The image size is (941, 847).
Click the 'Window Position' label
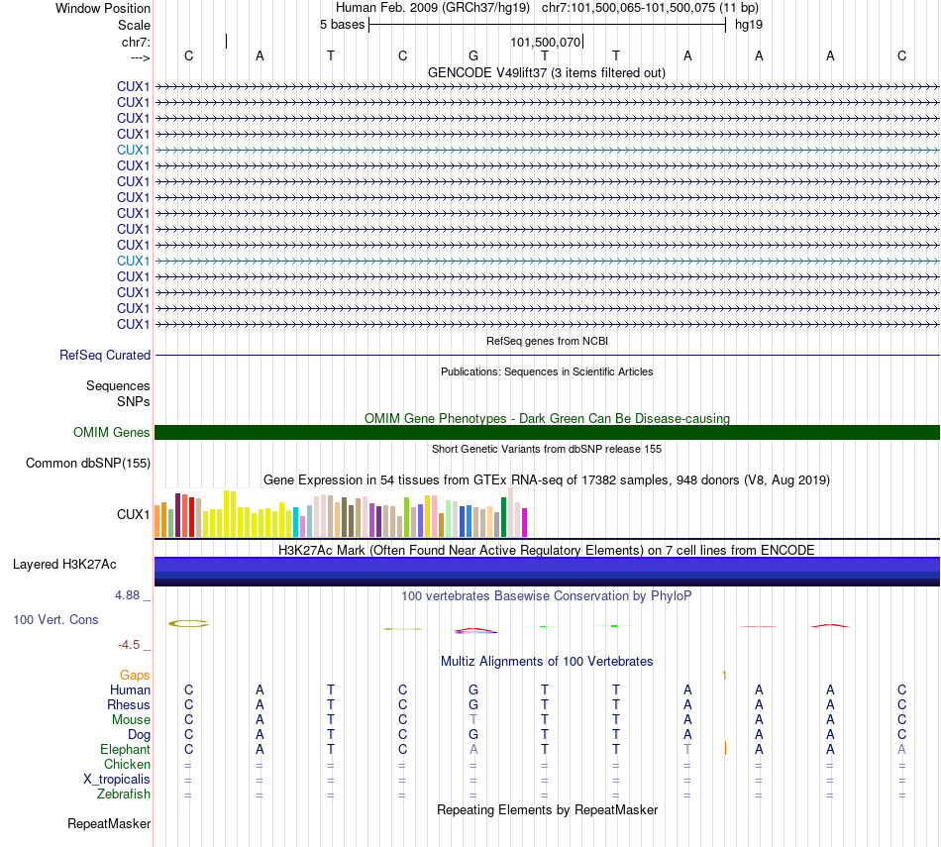[x=103, y=8]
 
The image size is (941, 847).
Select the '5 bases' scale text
[x=342, y=24]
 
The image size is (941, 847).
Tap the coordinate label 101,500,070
[x=545, y=43]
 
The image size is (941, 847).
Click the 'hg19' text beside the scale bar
[x=748, y=24]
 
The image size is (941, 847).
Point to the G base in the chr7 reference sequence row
[x=473, y=55]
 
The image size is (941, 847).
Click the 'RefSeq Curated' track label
[x=105, y=355]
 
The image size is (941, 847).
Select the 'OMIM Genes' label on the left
[x=112, y=432]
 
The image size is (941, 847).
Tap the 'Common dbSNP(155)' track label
[x=88, y=463]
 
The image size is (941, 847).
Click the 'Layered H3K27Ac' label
[x=64, y=565]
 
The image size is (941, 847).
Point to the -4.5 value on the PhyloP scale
[x=130, y=644]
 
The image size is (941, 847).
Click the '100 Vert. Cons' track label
[x=55, y=619]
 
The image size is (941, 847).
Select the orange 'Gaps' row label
[x=135, y=675]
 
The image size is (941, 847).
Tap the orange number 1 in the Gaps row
[x=725, y=675]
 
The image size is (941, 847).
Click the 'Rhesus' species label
[x=129, y=704]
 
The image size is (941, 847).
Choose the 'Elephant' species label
[x=126, y=750]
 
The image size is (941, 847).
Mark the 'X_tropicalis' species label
[x=117, y=779]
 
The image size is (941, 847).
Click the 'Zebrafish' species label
[x=124, y=794]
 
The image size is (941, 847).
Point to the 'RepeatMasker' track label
[x=109, y=823]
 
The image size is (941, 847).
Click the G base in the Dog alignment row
[x=473, y=734]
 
